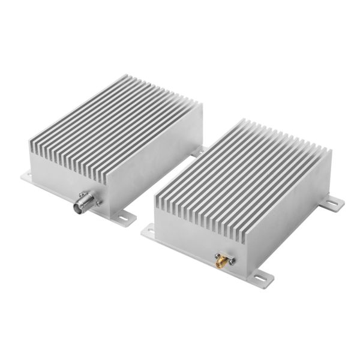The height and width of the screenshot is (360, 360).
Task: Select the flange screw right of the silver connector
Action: pyautogui.click(x=94, y=195)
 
